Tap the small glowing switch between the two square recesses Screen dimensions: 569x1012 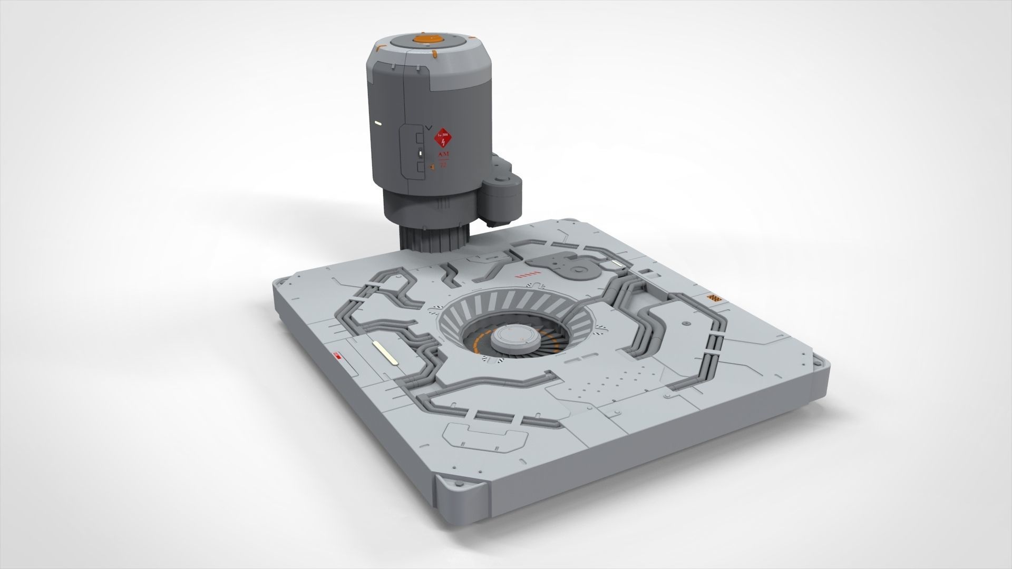[420, 153]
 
